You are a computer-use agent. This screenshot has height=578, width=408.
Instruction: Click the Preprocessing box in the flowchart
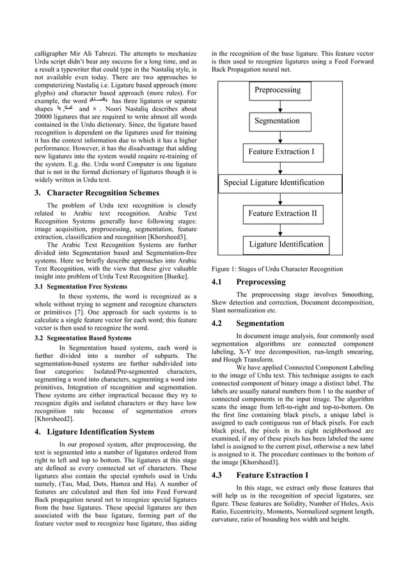pyautogui.click(x=278, y=90)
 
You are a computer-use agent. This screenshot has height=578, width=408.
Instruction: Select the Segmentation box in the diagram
pyautogui.click(x=277, y=121)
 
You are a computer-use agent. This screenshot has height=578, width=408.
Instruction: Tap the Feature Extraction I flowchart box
pyautogui.click(x=281, y=152)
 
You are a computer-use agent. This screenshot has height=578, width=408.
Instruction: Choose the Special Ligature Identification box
pyautogui.click(x=274, y=182)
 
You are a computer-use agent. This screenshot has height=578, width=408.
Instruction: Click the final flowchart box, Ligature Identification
pyautogui.click(x=286, y=244)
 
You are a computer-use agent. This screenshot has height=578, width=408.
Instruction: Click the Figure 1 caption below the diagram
pyautogui.click(x=276, y=269)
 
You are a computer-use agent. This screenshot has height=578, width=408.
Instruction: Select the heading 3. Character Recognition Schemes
pyautogui.click(x=99, y=193)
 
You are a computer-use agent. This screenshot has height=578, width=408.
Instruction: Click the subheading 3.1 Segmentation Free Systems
pyautogui.click(x=81, y=286)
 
